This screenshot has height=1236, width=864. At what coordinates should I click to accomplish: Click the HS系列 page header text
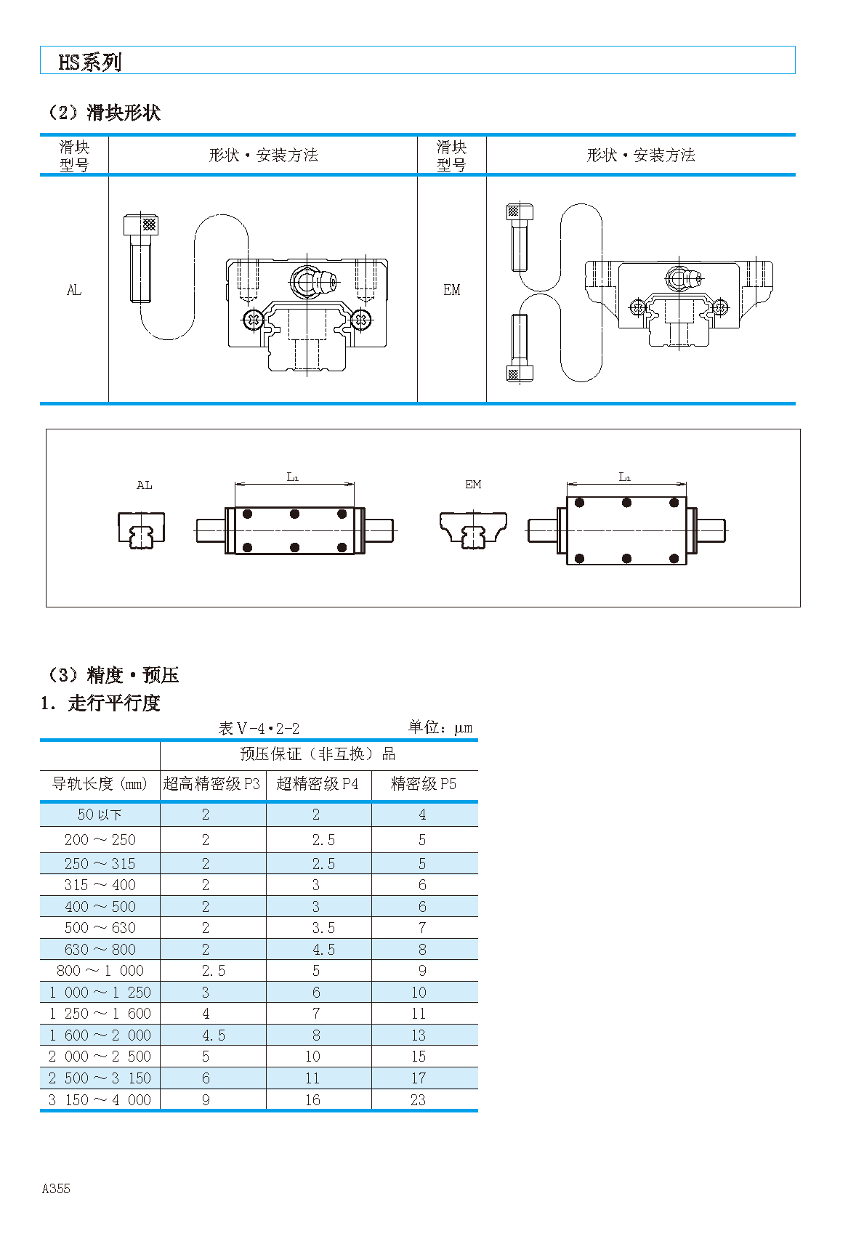tap(89, 62)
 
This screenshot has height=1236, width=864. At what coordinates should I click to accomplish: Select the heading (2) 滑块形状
tap(102, 113)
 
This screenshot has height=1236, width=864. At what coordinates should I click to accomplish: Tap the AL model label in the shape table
tap(74, 290)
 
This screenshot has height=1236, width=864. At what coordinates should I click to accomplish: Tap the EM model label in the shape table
tap(451, 290)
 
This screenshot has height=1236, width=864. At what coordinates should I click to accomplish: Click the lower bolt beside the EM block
tap(519, 349)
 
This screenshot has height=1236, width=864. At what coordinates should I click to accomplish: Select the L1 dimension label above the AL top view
tap(293, 477)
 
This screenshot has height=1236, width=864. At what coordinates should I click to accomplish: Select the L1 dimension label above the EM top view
tap(625, 477)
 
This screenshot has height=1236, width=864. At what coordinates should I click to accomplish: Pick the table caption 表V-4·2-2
tap(259, 728)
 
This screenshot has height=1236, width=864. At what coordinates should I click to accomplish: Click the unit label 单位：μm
tap(440, 727)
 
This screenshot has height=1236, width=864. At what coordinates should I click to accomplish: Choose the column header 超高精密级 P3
tap(211, 784)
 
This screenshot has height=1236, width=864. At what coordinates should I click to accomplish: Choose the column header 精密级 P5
tap(424, 784)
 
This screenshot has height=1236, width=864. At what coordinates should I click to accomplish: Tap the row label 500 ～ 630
tap(100, 928)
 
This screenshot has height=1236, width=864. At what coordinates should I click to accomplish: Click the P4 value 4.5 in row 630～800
tap(323, 950)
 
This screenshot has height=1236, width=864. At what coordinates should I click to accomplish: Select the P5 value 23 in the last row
tap(418, 1100)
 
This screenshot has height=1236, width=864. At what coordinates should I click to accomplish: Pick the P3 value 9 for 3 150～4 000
tap(206, 1100)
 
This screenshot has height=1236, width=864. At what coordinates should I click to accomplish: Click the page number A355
tap(56, 1189)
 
